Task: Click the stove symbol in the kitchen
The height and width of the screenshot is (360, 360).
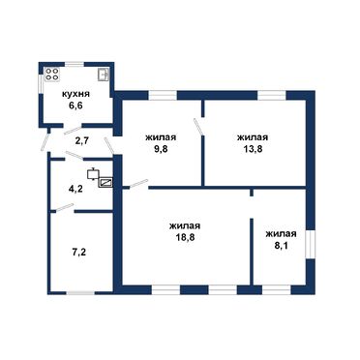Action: pyautogui.click(x=52, y=75)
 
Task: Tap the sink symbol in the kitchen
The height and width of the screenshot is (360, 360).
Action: pyautogui.click(x=104, y=75)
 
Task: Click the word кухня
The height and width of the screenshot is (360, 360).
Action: pyautogui.click(x=75, y=95)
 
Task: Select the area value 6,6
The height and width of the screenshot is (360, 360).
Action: pyautogui.click(x=75, y=106)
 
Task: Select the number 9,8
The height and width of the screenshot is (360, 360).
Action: pyautogui.click(x=161, y=148)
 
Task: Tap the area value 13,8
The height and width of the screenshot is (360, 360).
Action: pyautogui.click(x=253, y=149)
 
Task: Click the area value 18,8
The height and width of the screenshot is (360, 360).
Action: pyautogui.click(x=185, y=237)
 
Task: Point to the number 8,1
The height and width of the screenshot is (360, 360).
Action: pyautogui.click(x=281, y=246)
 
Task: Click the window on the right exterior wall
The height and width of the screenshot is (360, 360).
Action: pyautogui.click(x=310, y=244)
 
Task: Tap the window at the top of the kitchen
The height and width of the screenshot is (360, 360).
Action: pyautogui.click(x=75, y=64)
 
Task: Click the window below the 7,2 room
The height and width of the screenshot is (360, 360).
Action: pyautogui.click(x=80, y=293)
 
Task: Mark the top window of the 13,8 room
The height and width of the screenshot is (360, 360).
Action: pyautogui.click(x=272, y=95)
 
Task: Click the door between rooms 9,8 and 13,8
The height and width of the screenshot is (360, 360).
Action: pyautogui.click(x=198, y=127)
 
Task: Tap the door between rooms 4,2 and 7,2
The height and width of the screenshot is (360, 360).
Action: pyautogui.click(x=64, y=208)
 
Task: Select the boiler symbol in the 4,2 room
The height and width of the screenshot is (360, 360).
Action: pyautogui.click(x=93, y=174)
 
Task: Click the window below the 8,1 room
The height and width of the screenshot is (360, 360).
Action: pyautogui.click(x=277, y=289)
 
